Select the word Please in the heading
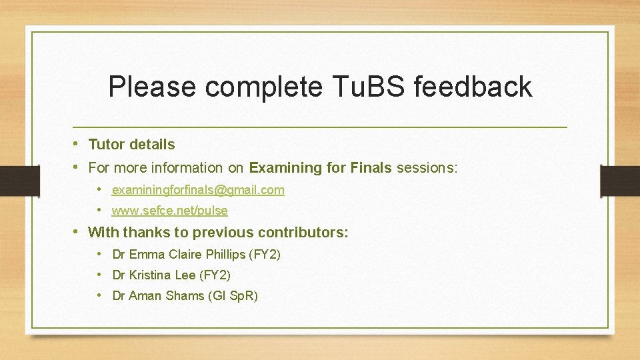tap(153, 87)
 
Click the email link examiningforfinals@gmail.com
tap(198, 190)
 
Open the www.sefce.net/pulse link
tap(169, 211)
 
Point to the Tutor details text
tap(131, 145)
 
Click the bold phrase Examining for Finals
tap(320, 168)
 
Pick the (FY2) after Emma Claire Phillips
tap(265, 255)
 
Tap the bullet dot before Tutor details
tap(77, 144)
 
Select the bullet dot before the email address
tap(99, 189)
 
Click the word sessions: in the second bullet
tap(427, 168)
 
